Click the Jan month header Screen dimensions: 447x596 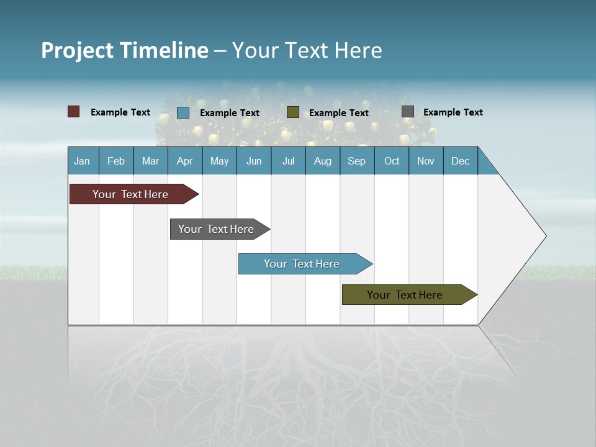(x=82, y=161)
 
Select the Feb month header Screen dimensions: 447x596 (x=116, y=161)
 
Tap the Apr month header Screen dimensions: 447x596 (x=184, y=161)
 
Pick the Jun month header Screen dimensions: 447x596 (x=254, y=161)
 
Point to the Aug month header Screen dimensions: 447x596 (x=322, y=161)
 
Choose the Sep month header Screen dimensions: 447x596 (x=356, y=161)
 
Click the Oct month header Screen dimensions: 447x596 (x=392, y=161)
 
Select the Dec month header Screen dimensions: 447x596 (x=460, y=161)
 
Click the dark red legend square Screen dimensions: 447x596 (x=73, y=112)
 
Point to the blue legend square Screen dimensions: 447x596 (x=183, y=112)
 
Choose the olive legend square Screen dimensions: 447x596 (x=293, y=112)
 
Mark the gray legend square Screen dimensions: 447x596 (x=408, y=112)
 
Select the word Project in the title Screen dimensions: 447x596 (x=76, y=50)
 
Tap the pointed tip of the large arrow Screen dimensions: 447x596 (x=544, y=236)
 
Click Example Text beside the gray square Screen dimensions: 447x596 (x=453, y=112)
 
